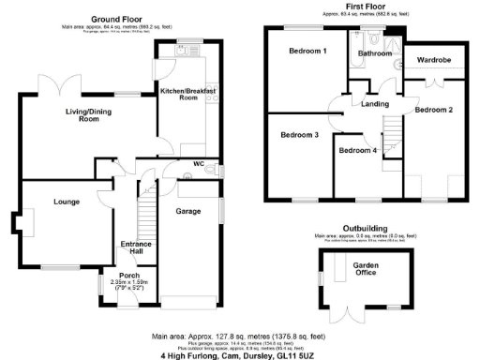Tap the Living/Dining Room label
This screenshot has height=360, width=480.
point(89,115)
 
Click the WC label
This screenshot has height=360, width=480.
point(198,163)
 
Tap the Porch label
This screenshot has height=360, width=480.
point(128,276)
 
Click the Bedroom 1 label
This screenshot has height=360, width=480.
point(307,50)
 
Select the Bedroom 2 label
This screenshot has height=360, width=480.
point(434,110)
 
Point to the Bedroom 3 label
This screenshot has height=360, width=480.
point(300,135)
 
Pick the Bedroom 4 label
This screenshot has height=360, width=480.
point(358,150)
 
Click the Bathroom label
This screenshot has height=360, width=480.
point(375,53)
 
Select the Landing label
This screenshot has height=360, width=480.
point(376,104)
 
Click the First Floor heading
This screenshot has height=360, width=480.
point(372,7)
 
